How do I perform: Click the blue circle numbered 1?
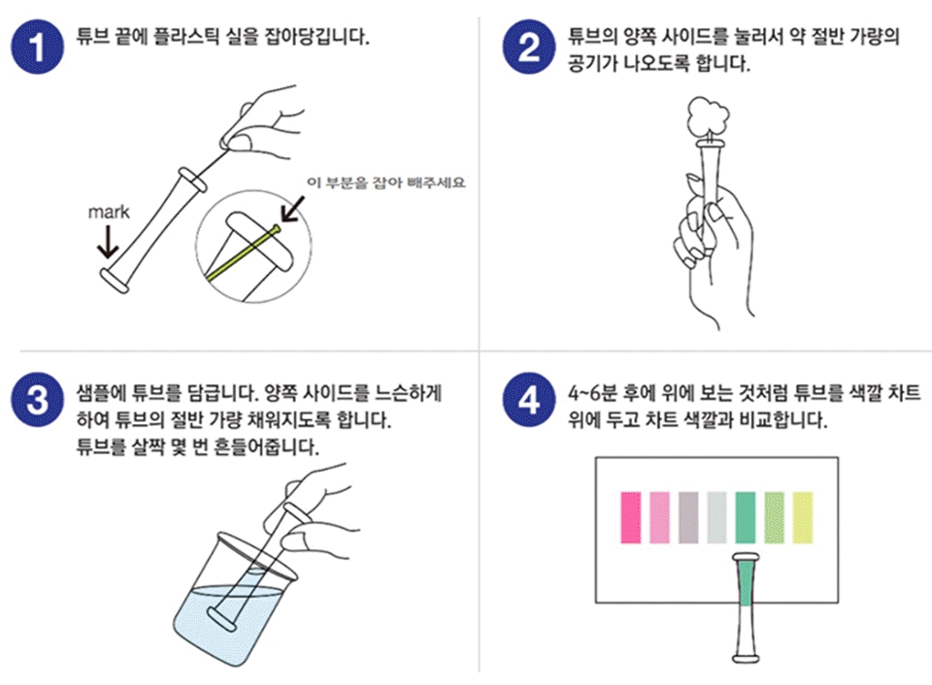(x=37, y=47)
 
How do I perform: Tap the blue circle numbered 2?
(x=528, y=47)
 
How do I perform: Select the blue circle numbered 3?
(x=37, y=399)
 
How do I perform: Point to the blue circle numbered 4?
(x=528, y=399)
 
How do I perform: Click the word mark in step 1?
(x=108, y=212)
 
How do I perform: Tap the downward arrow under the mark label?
(x=108, y=242)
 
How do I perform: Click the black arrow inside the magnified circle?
(x=292, y=210)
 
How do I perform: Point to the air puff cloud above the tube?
(x=708, y=116)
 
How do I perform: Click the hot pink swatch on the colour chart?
(x=631, y=517)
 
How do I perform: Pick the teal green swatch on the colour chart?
(x=746, y=517)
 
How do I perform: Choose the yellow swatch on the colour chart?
(x=803, y=517)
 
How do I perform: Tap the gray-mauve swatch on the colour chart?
(x=688, y=517)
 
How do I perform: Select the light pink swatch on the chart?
(x=659, y=517)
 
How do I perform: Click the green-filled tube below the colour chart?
(x=746, y=607)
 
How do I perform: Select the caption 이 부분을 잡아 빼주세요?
(x=385, y=182)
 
